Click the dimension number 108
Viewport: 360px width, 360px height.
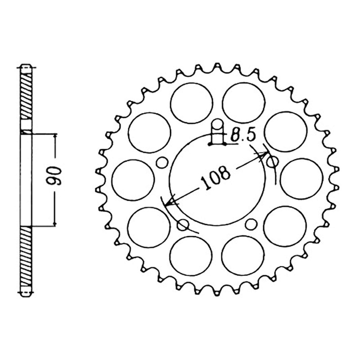coord(215,176)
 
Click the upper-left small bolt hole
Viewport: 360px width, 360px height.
coord(162,162)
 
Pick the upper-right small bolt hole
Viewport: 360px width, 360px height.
coord(273,162)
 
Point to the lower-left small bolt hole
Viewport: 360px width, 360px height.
coord(183,225)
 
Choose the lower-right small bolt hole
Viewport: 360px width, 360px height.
coord(251,224)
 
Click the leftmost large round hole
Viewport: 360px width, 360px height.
coord(133,180)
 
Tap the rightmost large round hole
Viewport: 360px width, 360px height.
coord(301,179)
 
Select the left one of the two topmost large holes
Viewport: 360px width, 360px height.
coord(192,103)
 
